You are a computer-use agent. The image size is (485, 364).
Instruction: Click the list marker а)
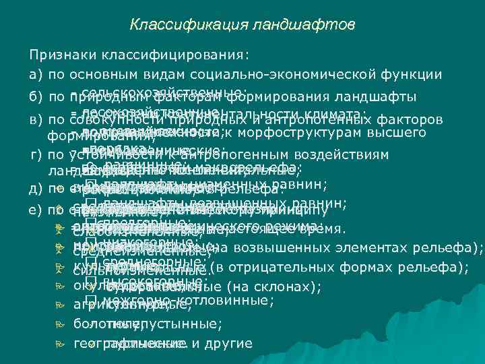pos(36,75)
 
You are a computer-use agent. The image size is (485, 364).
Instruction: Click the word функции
pos(413,75)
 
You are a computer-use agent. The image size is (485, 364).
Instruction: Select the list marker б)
pos(36,96)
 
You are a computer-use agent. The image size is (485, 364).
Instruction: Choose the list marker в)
pos(36,120)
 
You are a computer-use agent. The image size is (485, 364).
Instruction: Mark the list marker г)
pos(35,155)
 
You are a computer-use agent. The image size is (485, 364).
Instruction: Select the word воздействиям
pos(344,155)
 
